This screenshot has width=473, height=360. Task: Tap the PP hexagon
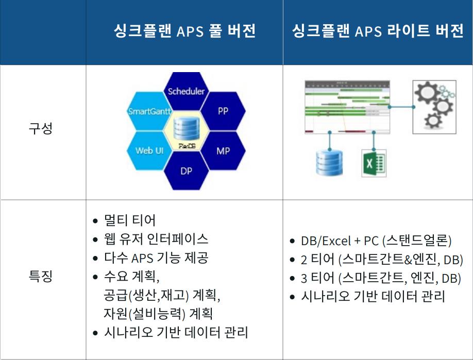(223, 111)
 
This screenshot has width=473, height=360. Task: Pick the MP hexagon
(223, 151)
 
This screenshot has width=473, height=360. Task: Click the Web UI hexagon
(149, 151)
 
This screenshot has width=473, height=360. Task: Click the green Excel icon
(374, 163)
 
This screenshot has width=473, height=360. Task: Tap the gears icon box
(434, 106)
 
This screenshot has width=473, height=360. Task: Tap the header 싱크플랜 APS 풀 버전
(184, 31)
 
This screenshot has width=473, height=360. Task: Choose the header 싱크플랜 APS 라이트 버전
(377, 31)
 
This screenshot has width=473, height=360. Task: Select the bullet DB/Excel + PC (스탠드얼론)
(376, 241)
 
